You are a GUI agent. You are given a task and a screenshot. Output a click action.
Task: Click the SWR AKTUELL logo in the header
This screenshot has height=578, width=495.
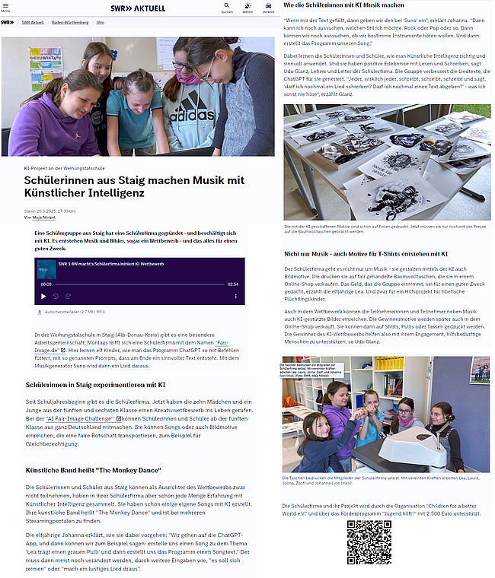[x=138, y=7]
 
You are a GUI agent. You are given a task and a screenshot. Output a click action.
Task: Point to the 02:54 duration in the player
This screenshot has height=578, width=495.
[x=232, y=284]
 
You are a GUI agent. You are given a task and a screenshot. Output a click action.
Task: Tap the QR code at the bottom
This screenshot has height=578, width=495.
[x=369, y=543]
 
